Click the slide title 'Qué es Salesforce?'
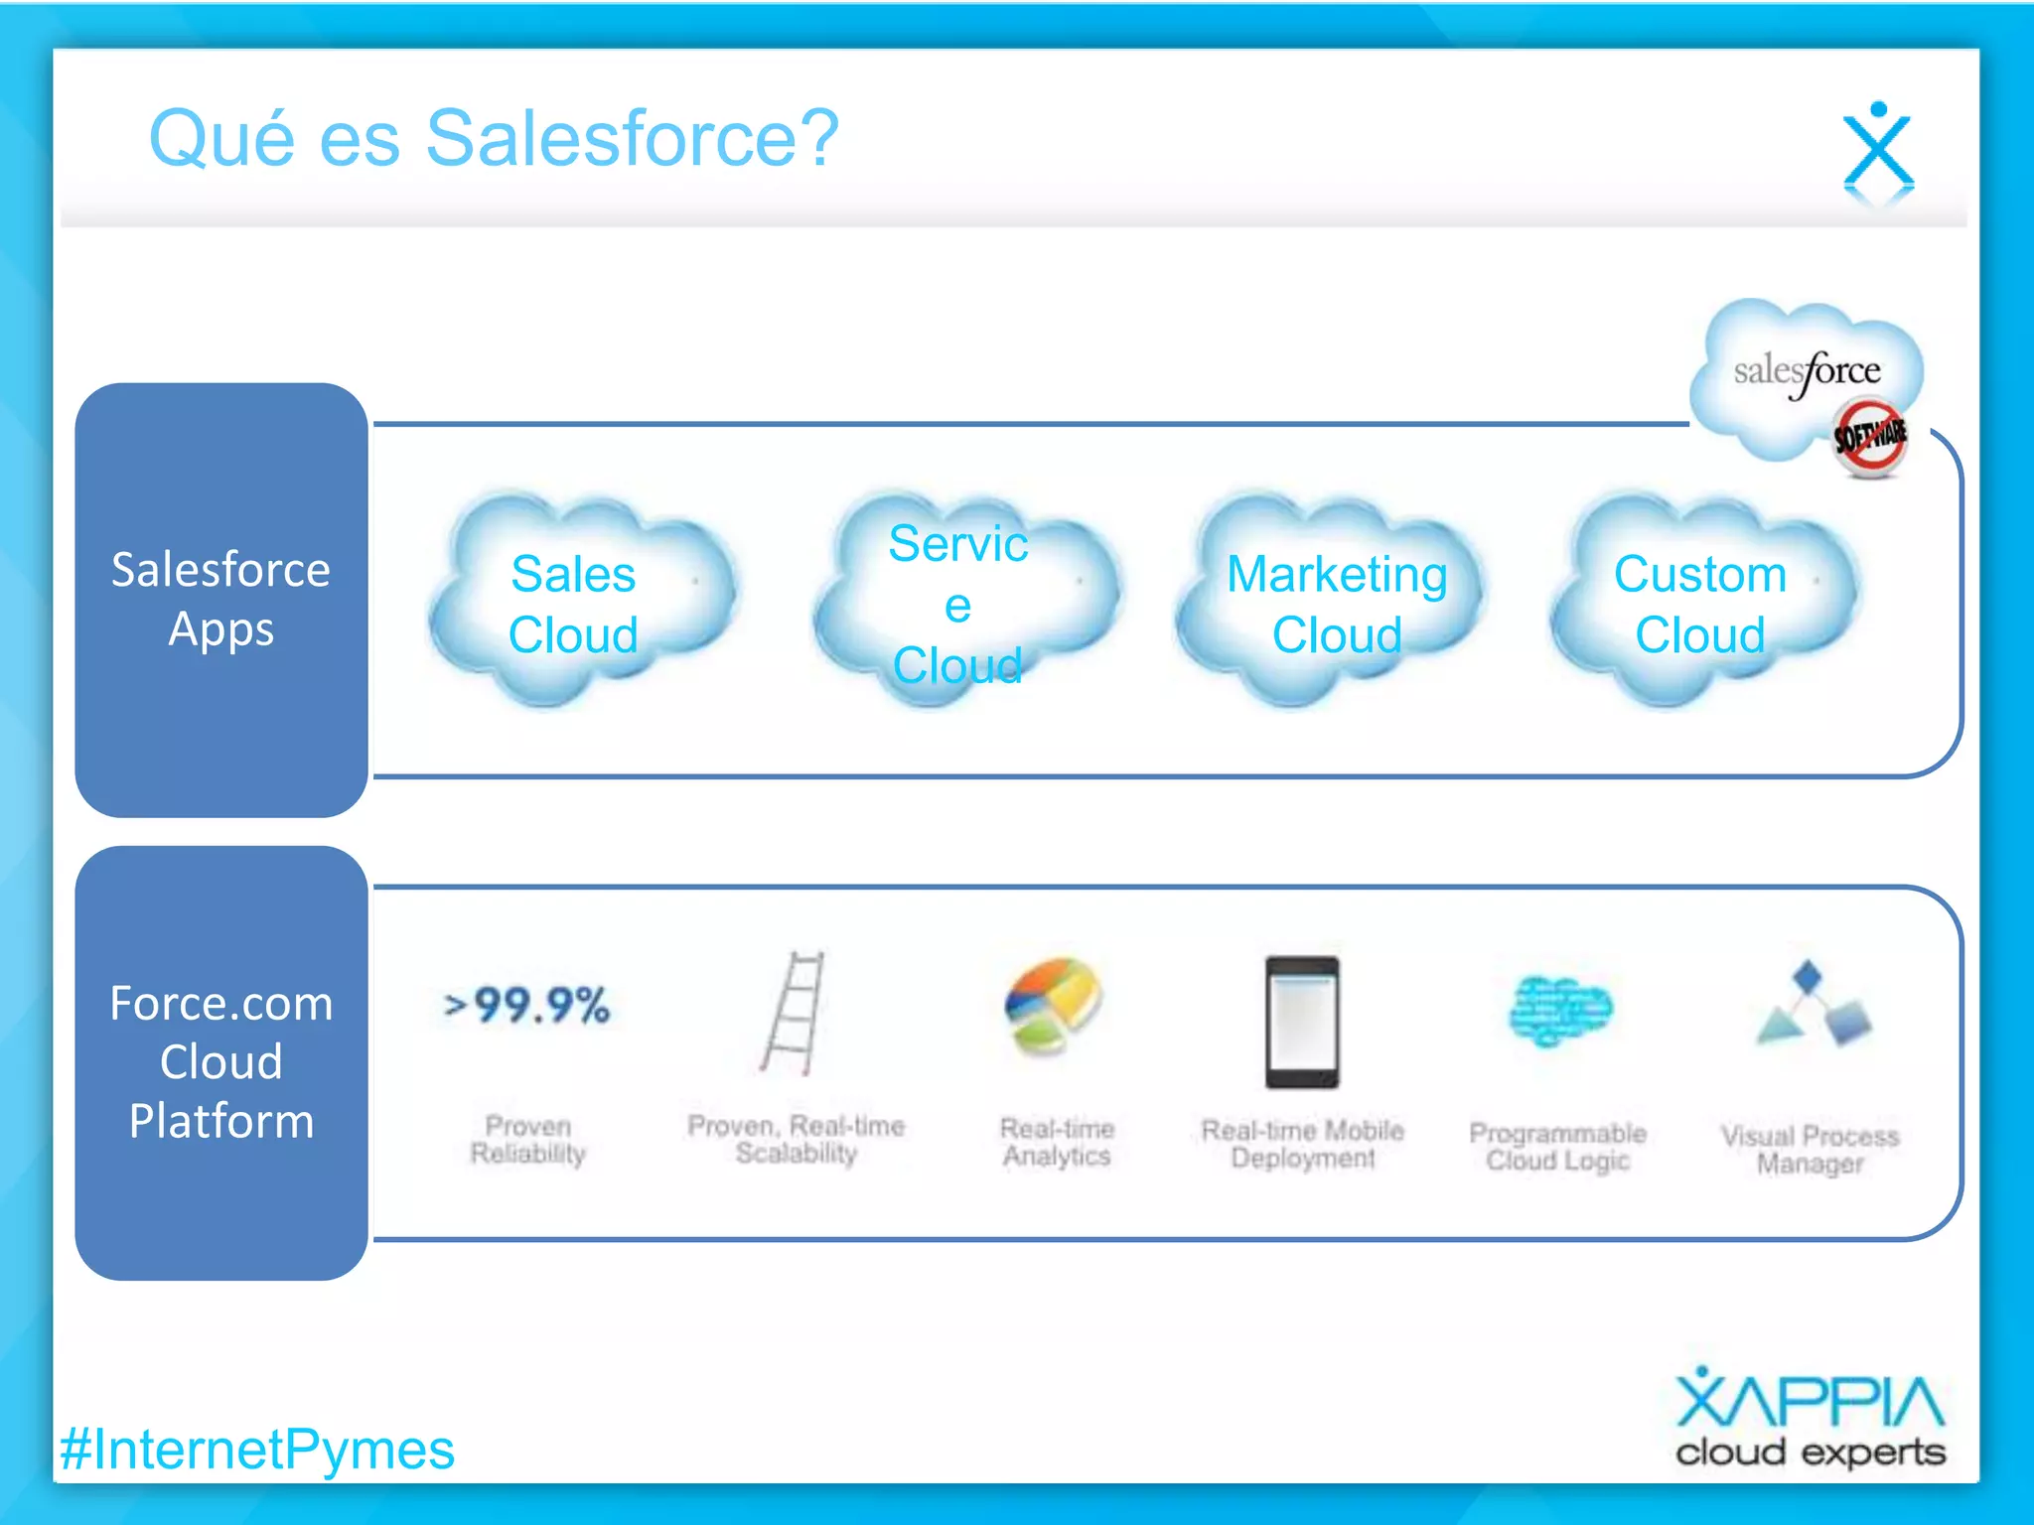(494, 139)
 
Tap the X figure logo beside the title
(1877, 149)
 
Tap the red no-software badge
(1868, 437)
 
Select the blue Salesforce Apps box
(221, 600)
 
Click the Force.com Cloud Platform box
(221, 1062)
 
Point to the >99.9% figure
(527, 1005)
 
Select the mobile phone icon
(1302, 1023)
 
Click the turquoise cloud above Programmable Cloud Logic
(1559, 1011)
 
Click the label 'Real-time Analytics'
(1057, 1142)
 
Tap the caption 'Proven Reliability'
(527, 1140)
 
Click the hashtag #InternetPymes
(257, 1450)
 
